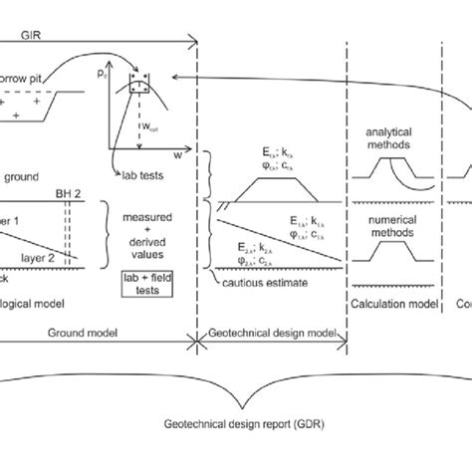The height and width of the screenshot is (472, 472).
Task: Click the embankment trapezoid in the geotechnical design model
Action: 262,185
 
